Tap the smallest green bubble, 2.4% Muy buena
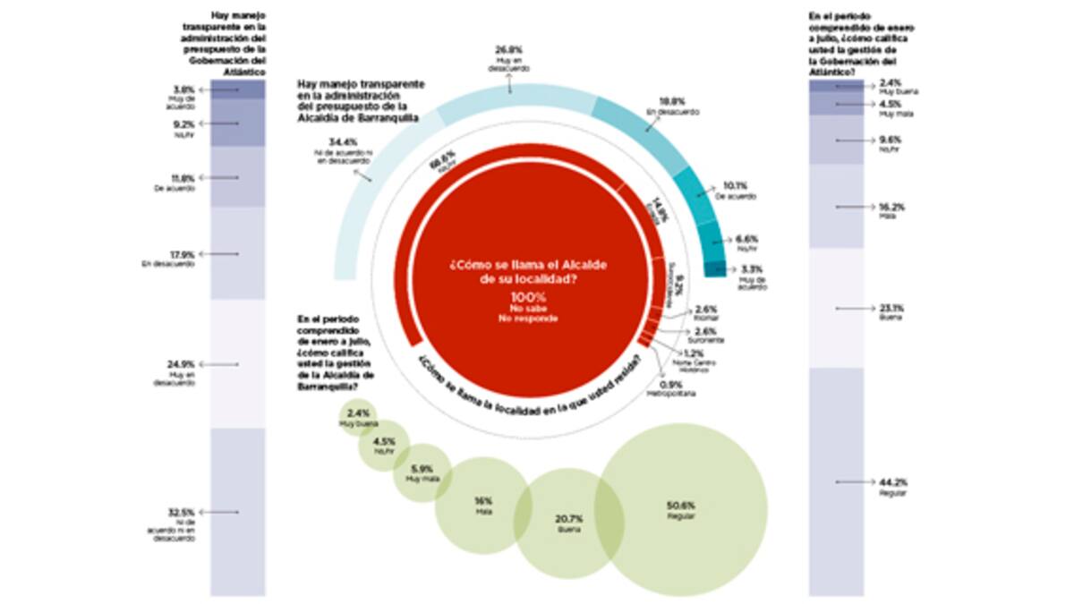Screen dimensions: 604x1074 pyautogui.click(x=358, y=417)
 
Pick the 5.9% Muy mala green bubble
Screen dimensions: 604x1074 pyautogui.click(x=421, y=472)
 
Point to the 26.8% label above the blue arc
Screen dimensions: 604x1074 pyautogui.click(x=510, y=49)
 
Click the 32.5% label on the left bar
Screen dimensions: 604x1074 pyautogui.click(x=185, y=512)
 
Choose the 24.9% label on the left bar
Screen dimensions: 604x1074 pyautogui.click(x=185, y=364)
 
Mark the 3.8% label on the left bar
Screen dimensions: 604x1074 pyautogui.click(x=185, y=89)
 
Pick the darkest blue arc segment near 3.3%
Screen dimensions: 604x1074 pyautogui.click(x=714, y=268)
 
